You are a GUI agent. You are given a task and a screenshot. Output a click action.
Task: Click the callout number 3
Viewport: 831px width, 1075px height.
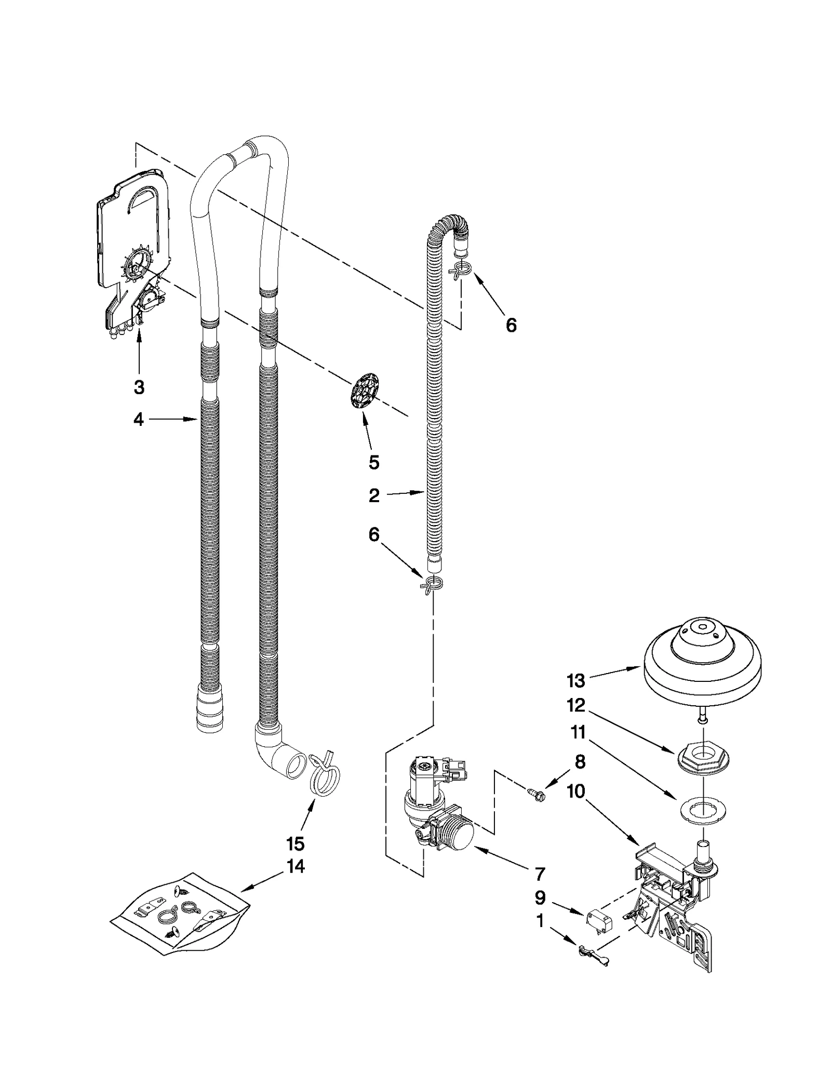coord(139,387)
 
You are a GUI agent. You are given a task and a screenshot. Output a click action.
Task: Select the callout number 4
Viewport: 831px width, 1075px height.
coord(138,419)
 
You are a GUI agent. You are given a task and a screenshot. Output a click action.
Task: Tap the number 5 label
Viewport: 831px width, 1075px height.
coord(374,462)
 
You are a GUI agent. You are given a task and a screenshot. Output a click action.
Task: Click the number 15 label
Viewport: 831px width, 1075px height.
coord(295,844)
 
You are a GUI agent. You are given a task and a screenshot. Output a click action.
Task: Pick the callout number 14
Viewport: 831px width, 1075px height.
coord(295,866)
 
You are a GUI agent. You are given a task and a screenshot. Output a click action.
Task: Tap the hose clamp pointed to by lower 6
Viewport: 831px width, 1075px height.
coord(431,583)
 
